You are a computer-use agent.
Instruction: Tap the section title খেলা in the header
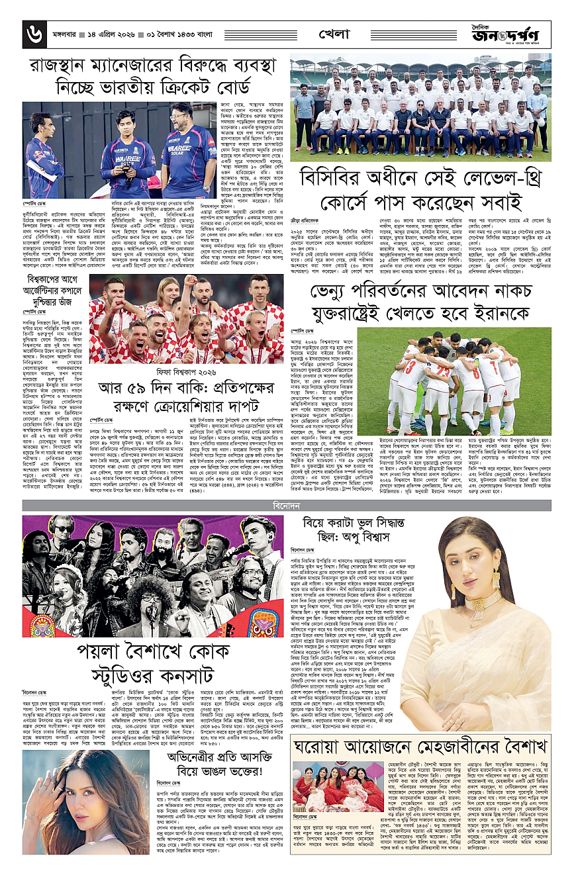coord(335,33)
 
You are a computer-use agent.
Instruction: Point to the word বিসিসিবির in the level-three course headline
coord(340,179)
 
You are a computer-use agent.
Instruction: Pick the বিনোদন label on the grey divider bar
coord(287,506)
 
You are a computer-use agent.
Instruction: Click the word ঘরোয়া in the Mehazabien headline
coord(319,747)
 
